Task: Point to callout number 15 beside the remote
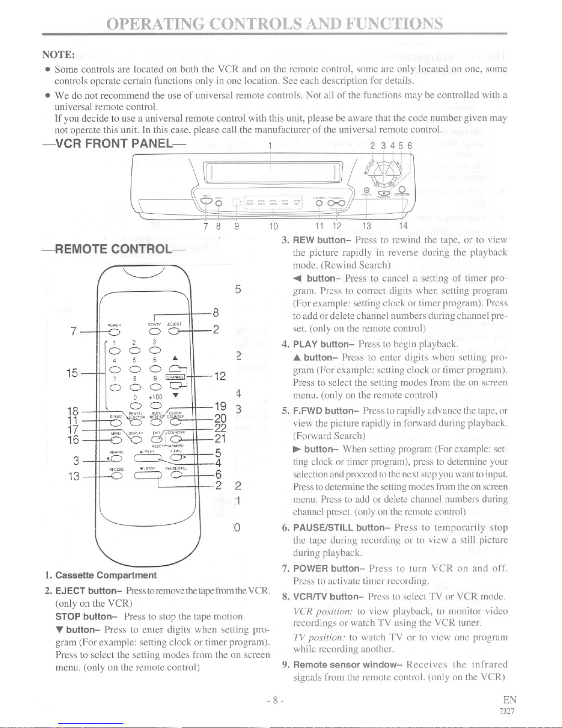[x=72, y=373]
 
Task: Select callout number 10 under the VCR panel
[x=273, y=226]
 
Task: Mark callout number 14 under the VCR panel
[x=403, y=226]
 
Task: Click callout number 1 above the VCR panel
[x=271, y=146]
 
